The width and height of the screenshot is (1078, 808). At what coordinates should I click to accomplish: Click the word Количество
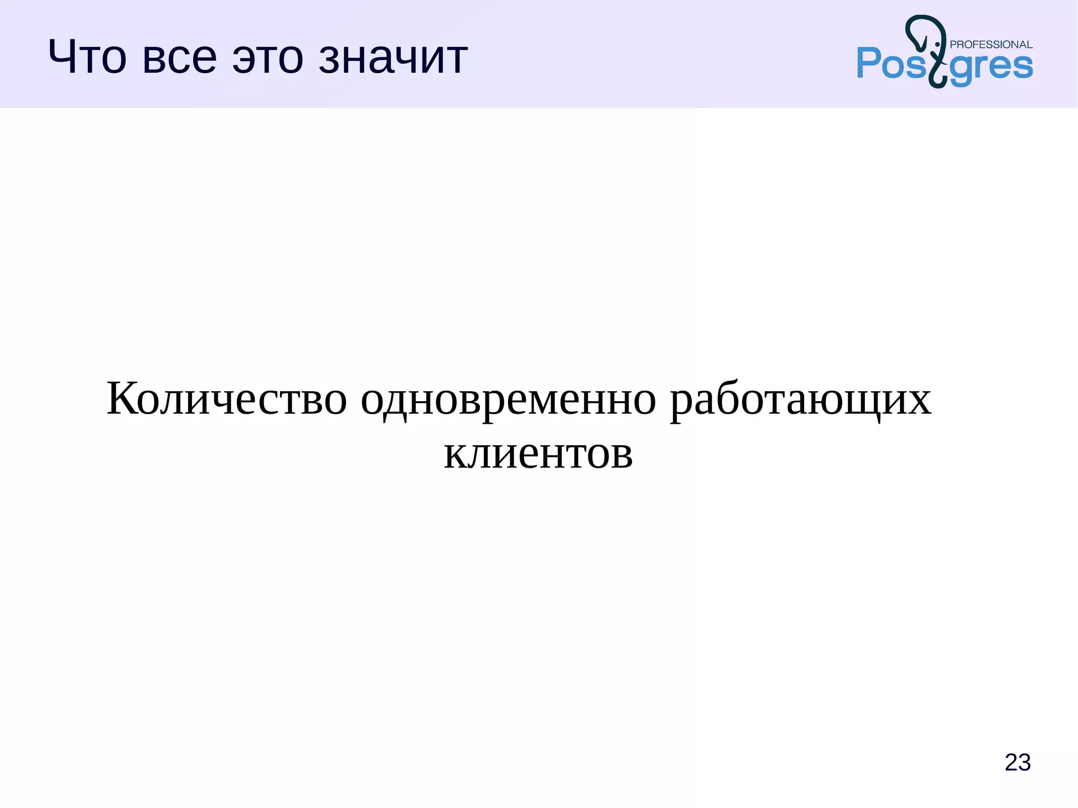tap(227, 398)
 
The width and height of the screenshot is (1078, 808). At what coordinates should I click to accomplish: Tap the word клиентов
tap(538, 453)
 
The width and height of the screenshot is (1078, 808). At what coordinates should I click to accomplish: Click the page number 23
tap(1017, 762)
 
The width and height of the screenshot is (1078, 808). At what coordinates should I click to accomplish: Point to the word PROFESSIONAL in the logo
tap(991, 45)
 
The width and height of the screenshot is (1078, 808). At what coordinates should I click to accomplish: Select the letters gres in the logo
tap(991, 67)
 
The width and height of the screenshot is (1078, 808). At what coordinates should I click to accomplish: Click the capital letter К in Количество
tap(123, 398)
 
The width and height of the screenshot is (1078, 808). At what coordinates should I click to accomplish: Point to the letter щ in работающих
tap(869, 401)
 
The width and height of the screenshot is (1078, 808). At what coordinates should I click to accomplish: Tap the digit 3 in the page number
tap(1024, 762)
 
